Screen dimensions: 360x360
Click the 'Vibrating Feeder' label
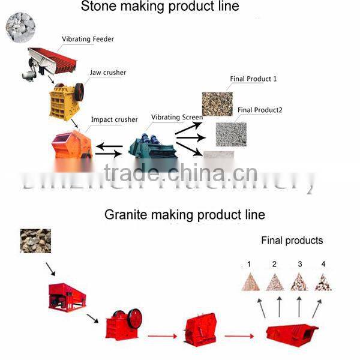click(88, 40)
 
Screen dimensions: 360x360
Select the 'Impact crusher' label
click(114, 119)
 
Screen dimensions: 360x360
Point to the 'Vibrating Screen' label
click(177, 118)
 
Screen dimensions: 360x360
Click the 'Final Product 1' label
click(253, 79)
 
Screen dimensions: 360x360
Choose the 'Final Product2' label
click(260, 110)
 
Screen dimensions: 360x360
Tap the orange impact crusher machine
click(71, 144)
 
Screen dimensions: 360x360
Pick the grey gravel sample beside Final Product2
click(231, 134)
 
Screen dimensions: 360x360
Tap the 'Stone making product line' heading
click(160, 7)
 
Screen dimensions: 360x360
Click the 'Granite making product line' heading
click(184, 214)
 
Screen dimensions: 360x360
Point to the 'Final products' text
click(292, 241)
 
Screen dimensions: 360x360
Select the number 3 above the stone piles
click(299, 264)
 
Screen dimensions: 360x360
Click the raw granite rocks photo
click(35, 240)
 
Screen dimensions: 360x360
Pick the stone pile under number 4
click(323, 282)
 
